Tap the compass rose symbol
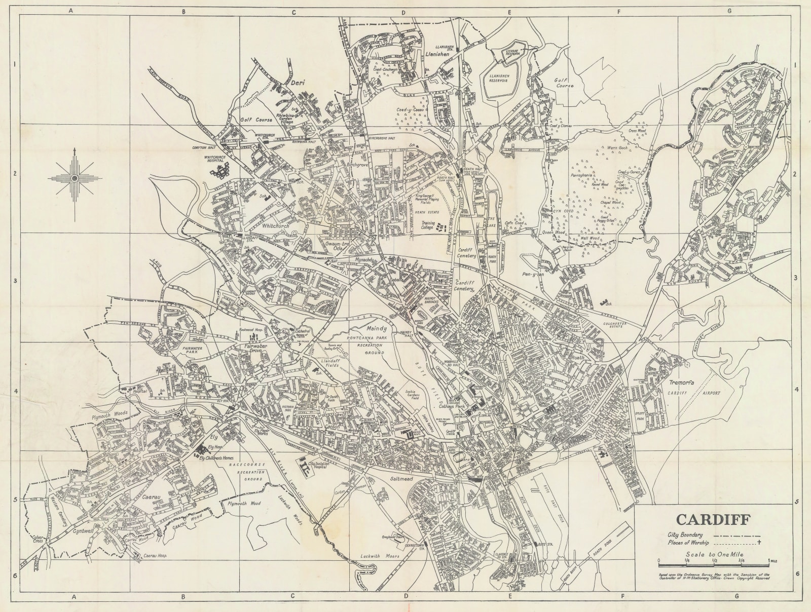(75, 178)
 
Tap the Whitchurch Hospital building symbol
(219, 175)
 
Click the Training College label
(429, 226)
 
